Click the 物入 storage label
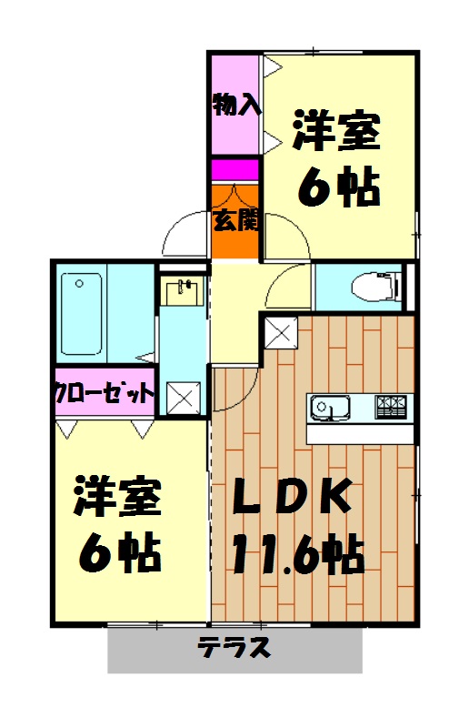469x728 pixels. coord(236,106)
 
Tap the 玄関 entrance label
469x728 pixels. coord(236,219)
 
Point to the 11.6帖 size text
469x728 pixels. coord(297,551)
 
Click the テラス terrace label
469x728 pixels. coord(234,649)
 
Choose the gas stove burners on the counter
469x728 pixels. coord(394,404)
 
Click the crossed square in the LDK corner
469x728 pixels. coord(280,331)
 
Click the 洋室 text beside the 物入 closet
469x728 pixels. coord(337,133)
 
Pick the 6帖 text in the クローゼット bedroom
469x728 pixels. coord(119,551)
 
